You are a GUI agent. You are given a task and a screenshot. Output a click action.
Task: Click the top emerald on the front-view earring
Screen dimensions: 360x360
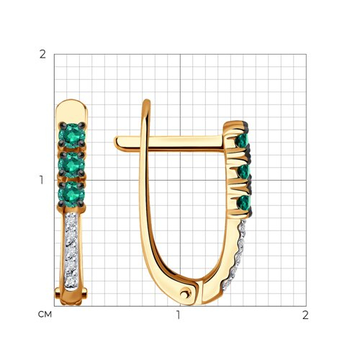(72, 135)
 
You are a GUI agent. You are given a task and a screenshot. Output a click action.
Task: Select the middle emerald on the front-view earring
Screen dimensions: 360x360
(72, 164)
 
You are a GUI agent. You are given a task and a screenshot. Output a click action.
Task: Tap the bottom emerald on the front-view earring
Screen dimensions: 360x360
(71, 194)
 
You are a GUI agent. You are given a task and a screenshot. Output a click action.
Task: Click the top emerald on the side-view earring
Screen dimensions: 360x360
(243, 141)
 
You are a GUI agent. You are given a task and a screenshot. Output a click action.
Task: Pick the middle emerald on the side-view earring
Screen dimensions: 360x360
(244, 171)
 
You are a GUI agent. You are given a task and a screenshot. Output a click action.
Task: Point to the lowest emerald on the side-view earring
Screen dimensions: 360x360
(243, 203)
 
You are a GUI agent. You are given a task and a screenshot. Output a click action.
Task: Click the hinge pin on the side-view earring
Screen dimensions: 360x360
(186, 293)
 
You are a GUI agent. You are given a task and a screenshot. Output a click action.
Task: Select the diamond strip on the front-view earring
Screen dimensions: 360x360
(71, 251)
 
